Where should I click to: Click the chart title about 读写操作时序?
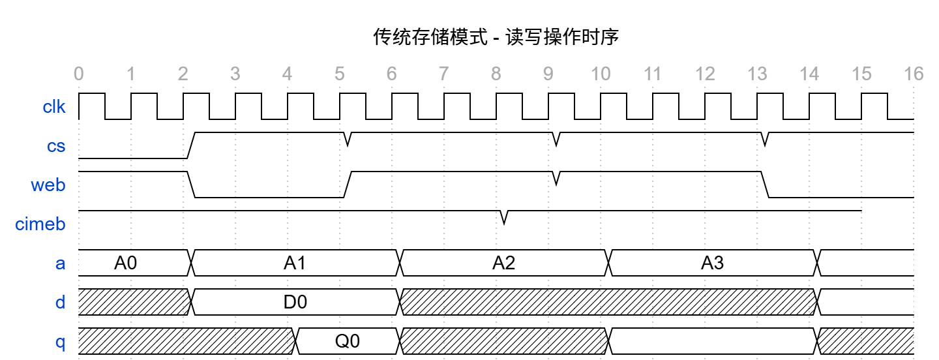pyautogui.click(x=496, y=37)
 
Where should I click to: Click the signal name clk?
pyautogui.click(x=54, y=107)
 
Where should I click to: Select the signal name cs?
pyautogui.click(x=57, y=146)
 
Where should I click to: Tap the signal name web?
pyautogui.click(x=49, y=185)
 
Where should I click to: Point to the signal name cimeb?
pyautogui.click(x=40, y=224)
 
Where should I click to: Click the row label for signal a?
pyautogui.click(x=60, y=263)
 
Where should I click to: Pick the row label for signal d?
pyautogui.click(x=60, y=303)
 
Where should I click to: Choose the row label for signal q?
pyautogui.click(x=60, y=342)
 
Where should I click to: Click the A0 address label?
pyautogui.click(x=126, y=263)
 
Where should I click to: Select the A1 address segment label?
pyautogui.click(x=295, y=263)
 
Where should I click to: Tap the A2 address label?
pyautogui.click(x=504, y=263)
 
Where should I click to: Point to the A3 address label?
pyautogui.click(x=713, y=263)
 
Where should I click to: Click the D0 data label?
pyautogui.click(x=295, y=302)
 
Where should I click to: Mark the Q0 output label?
pyautogui.click(x=348, y=341)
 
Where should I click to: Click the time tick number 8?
pyautogui.click(x=496, y=74)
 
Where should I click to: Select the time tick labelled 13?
pyautogui.click(x=757, y=74)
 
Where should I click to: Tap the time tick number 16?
pyautogui.click(x=914, y=74)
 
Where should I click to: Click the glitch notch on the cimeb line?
pyautogui.click(x=504, y=218)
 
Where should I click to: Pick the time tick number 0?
pyautogui.click(x=79, y=74)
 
